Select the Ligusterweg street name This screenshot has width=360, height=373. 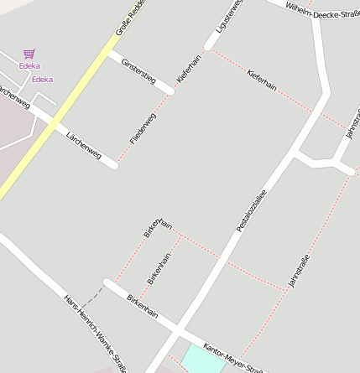click(x=228, y=17)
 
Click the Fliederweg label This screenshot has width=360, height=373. click(x=143, y=126)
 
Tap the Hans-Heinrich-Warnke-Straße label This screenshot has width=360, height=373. click(x=94, y=332)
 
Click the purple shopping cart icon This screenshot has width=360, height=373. click(x=29, y=53)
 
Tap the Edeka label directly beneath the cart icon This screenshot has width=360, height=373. click(x=29, y=65)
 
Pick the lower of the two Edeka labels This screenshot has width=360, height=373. click(x=42, y=80)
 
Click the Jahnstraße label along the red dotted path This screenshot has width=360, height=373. click(x=299, y=270)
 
